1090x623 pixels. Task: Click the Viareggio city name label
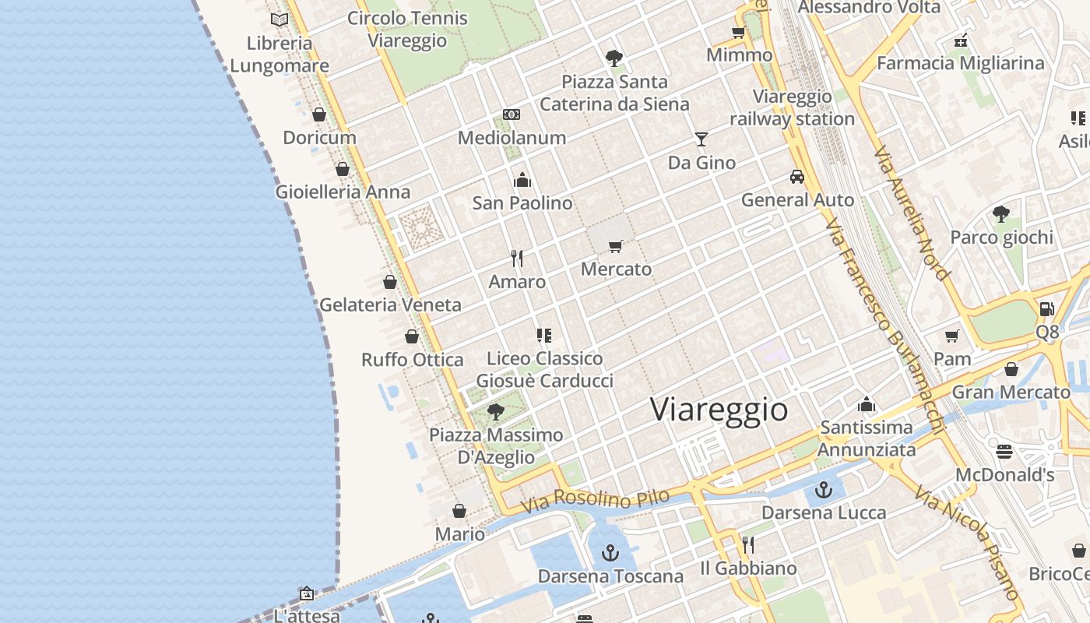click(x=719, y=410)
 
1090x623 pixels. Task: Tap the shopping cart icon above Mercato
click(x=616, y=247)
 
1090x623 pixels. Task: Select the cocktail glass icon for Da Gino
click(x=701, y=139)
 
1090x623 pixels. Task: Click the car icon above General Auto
click(x=796, y=177)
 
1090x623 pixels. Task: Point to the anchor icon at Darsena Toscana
click(x=610, y=554)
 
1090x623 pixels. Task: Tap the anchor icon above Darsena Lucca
click(x=823, y=491)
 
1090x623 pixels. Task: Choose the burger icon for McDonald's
click(x=1004, y=452)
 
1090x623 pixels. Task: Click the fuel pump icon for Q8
click(x=1046, y=309)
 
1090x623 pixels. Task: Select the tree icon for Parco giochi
click(x=1001, y=214)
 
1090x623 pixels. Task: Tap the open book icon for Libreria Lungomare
click(x=280, y=19)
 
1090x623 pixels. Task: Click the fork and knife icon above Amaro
click(x=517, y=259)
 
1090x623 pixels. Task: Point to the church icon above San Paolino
click(x=522, y=180)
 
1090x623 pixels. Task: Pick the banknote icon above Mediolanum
click(x=512, y=114)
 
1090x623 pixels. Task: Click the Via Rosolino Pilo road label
click(x=595, y=500)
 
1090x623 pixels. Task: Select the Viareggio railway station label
click(x=793, y=108)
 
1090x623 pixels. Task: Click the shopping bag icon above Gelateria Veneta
click(x=390, y=282)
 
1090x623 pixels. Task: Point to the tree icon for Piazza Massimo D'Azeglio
click(x=495, y=412)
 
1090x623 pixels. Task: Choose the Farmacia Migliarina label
click(x=961, y=63)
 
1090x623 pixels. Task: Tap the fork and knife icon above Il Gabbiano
click(x=748, y=545)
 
